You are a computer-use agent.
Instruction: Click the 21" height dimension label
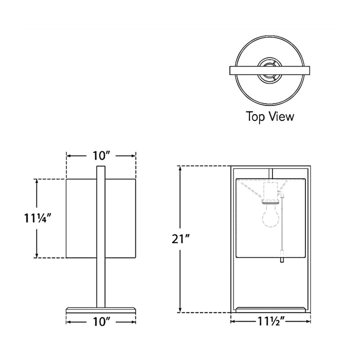tap(180, 239)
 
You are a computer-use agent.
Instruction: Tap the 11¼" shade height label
tap(37, 218)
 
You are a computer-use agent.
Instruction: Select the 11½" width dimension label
tap(271, 321)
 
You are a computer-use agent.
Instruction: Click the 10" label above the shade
tap(101, 156)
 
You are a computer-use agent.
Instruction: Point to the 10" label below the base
tap(101, 321)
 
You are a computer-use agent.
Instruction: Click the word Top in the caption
tap(256, 116)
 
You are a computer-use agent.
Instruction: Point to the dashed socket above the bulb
tap(271, 191)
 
